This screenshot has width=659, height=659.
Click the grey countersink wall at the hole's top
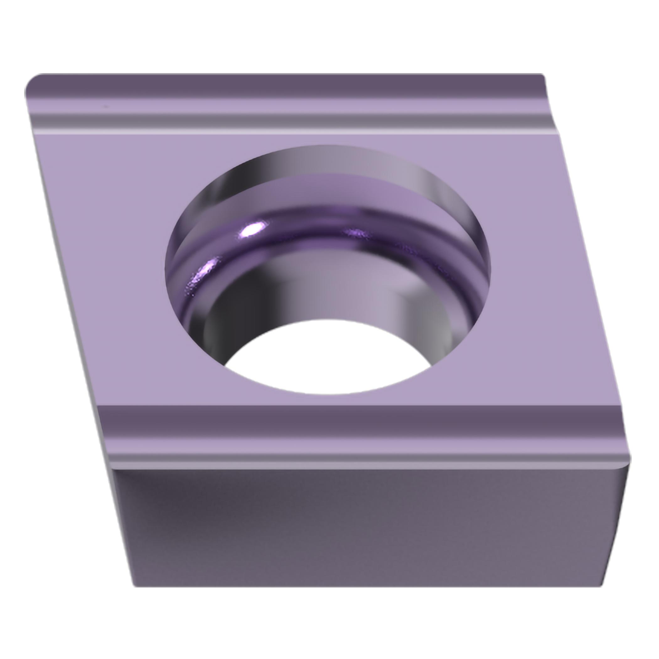pos(327,160)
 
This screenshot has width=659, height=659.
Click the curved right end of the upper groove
pos(548,102)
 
